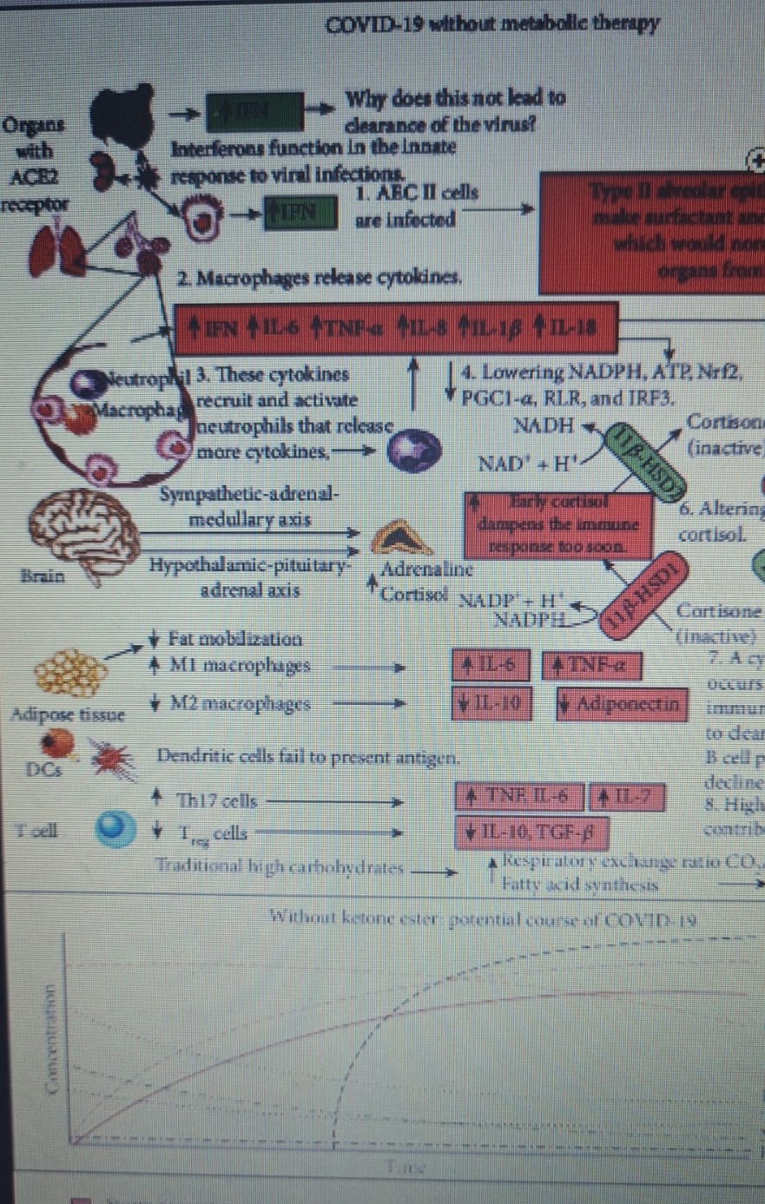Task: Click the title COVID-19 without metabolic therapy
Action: click(491, 23)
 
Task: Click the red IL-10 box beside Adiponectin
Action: click(491, 703)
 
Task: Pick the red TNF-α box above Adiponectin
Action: click(592, 666)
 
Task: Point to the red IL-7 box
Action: click(627, 797)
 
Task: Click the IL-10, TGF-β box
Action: click(530, 833)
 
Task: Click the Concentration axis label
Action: click(55, 1030)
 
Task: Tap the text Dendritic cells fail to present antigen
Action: click(307, 756)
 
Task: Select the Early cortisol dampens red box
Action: click(559, 524)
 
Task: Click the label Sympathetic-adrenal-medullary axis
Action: click(250, 508)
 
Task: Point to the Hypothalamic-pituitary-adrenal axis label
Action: click(250, 578)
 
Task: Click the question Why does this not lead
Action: click(455, 110)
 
